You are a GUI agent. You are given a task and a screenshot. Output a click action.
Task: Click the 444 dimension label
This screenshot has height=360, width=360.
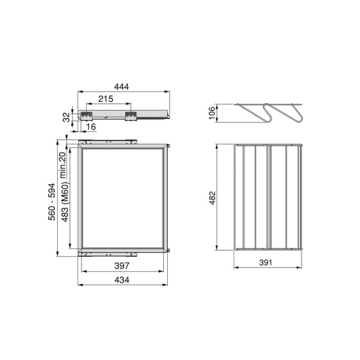pos(122,86)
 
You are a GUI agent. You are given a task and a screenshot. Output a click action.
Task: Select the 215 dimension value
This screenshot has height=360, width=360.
pos(106,99)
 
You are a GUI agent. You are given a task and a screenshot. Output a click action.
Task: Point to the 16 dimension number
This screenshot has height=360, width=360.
pos(90,127)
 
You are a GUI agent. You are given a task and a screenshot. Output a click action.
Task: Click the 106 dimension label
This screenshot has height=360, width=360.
pos(212,113)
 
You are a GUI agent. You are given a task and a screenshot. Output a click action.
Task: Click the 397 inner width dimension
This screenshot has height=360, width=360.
pos(123,267)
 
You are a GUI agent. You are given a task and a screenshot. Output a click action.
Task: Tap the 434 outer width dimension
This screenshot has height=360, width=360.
pos(123,279)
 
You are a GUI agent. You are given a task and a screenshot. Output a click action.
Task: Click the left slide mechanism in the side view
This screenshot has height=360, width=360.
pos(86,115)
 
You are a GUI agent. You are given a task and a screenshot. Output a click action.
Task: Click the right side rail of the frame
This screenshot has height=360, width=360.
pos(165,197)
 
